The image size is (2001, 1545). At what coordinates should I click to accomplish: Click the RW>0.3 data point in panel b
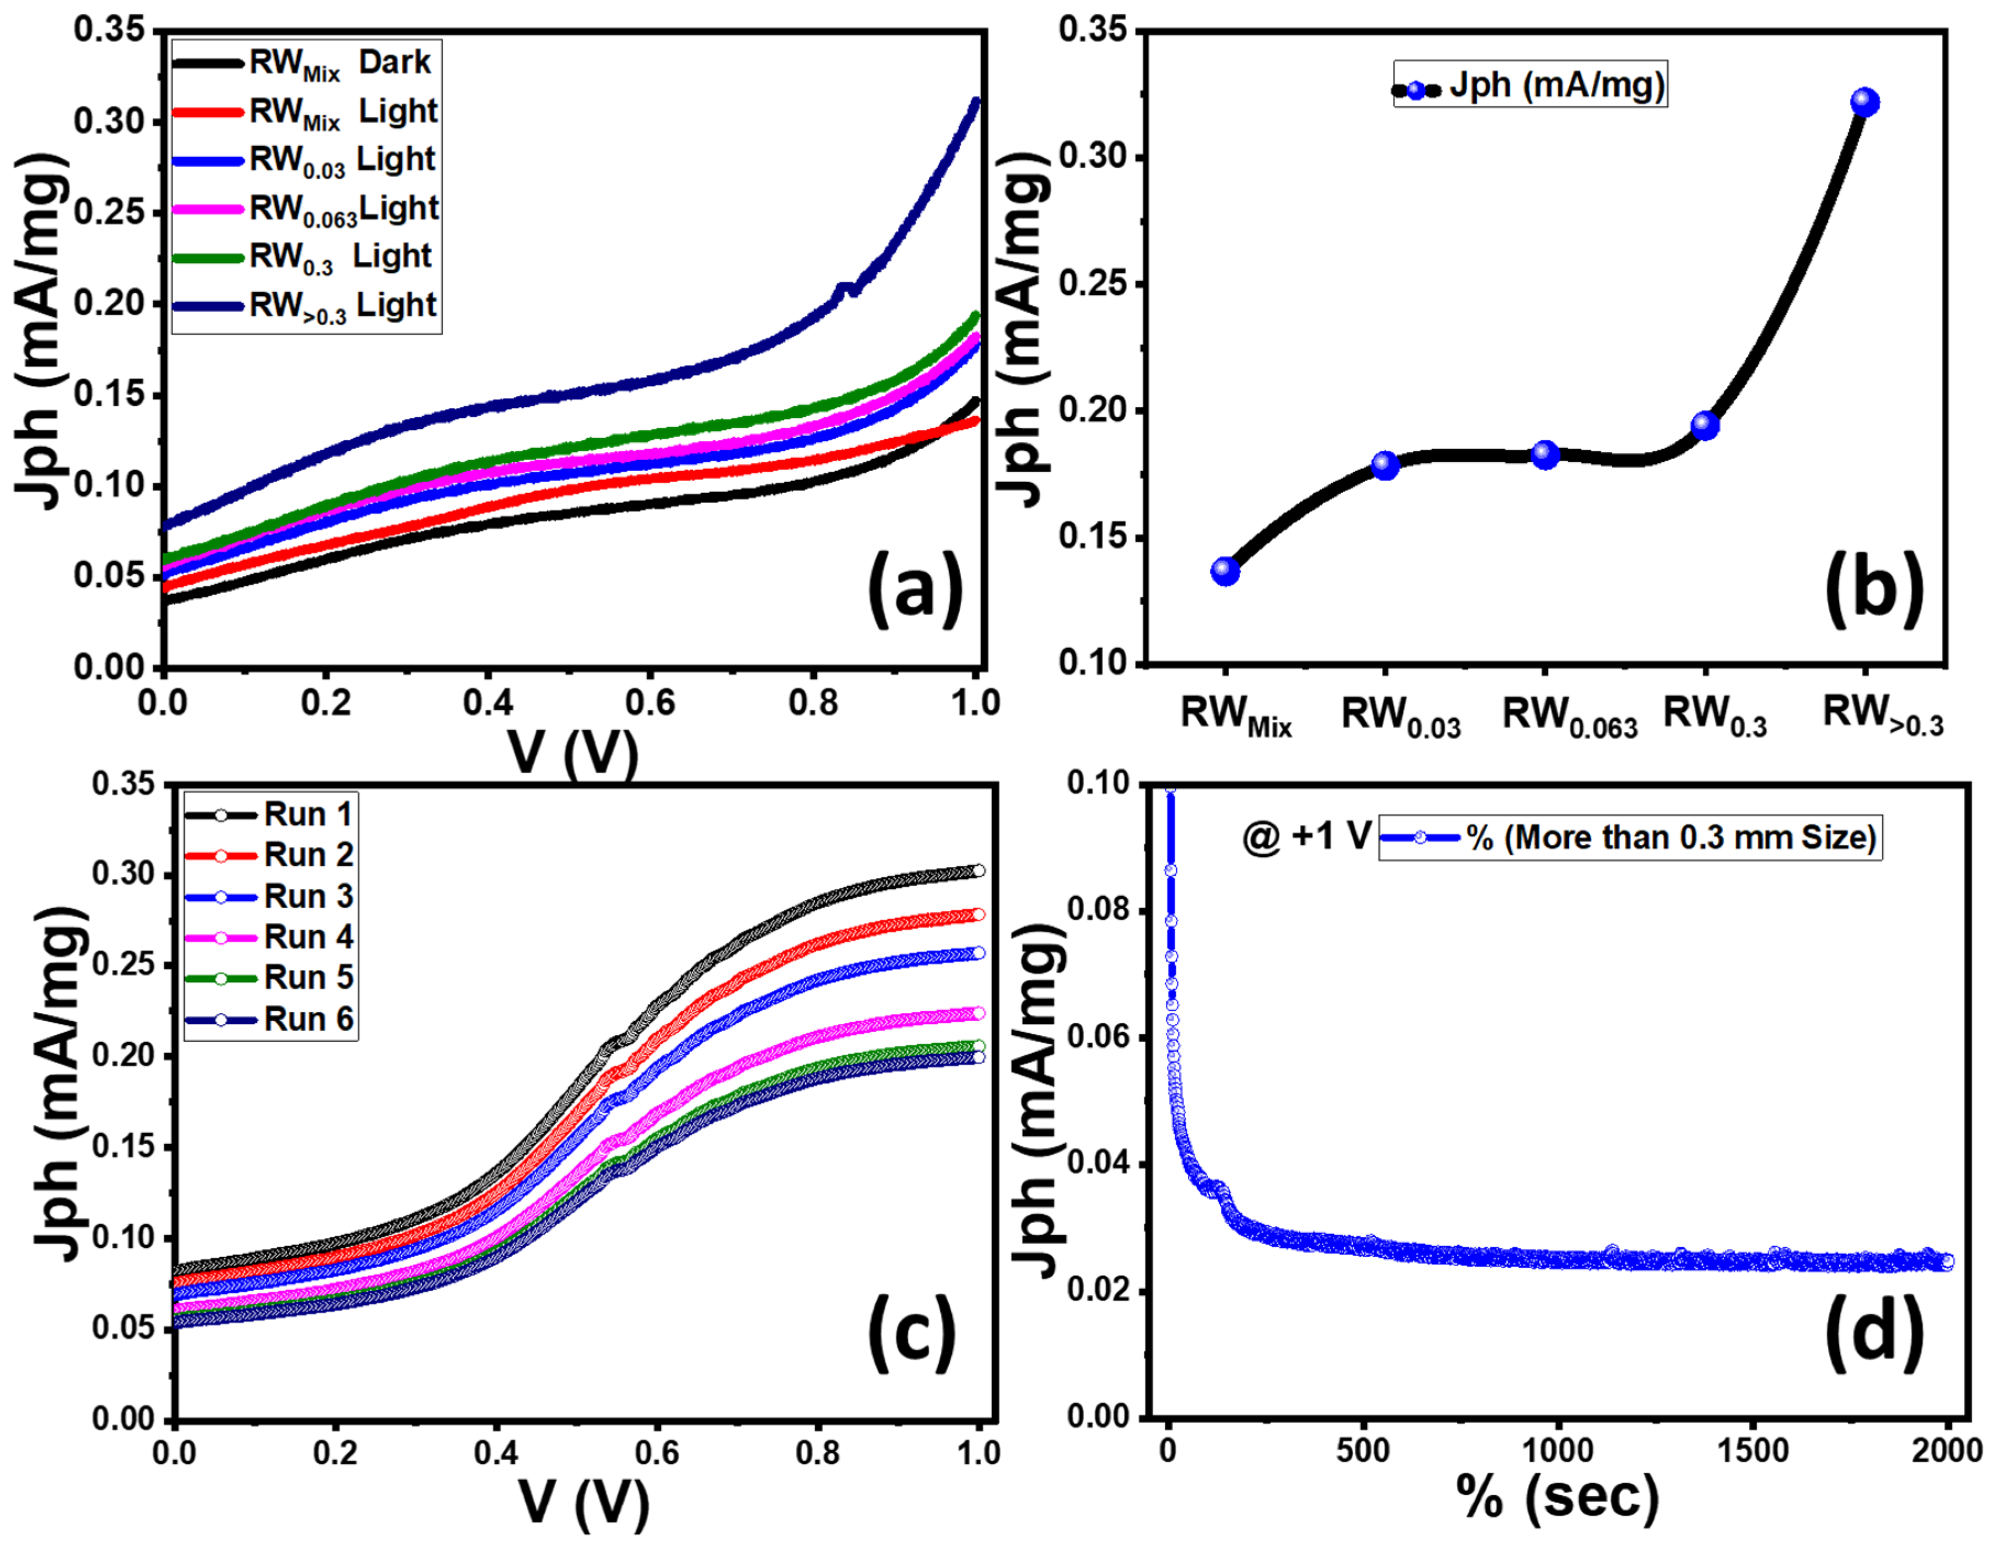click(1864, 102)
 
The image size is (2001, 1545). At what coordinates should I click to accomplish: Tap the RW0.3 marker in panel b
click(1704, 425)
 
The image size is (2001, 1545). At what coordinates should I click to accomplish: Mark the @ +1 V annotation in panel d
click(1305, 836)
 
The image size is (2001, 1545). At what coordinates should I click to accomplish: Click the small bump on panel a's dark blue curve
click(848, 288)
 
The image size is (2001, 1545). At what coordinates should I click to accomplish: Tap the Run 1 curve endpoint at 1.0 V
click(978, 871)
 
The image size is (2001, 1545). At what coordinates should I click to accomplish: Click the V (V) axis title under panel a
click(573, 755)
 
